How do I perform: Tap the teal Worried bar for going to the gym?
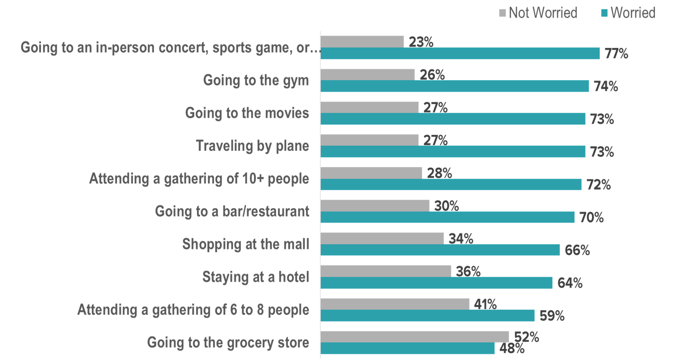tap(454, 86)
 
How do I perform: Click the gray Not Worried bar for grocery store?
tap(414, 337)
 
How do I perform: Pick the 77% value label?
tap(616, 53)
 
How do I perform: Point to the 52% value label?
tap(526, 337)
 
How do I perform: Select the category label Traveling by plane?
tap(252, 146)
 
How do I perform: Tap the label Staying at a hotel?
tap(256, 277)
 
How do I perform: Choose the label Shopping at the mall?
tap(246, 244)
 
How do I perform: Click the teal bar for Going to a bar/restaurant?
tap(447, 217)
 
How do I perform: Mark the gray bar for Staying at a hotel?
tap(385, 271)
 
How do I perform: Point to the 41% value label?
tap(485, 304)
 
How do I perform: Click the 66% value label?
tap(577, 250)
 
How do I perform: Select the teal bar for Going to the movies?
tap(453, 119)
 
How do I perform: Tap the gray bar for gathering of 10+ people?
tap(371, 173)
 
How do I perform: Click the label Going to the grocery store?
tap(228, 343)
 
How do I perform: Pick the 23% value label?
tap(421, 42)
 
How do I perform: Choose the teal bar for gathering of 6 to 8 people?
tap(427, 315)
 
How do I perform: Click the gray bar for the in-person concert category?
tap(362, 41)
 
